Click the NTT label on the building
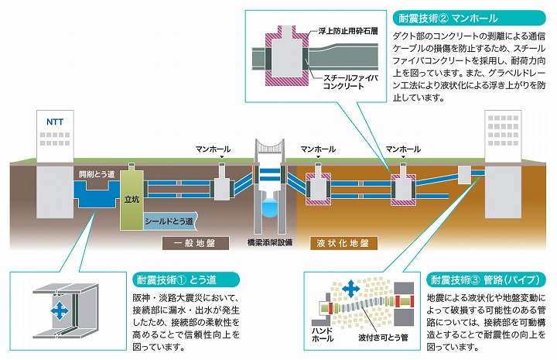(54, 122)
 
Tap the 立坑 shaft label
(132, 199)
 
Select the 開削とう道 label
(97, 174)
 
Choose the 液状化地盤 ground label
(342, 244)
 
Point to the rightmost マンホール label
(403, 149)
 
